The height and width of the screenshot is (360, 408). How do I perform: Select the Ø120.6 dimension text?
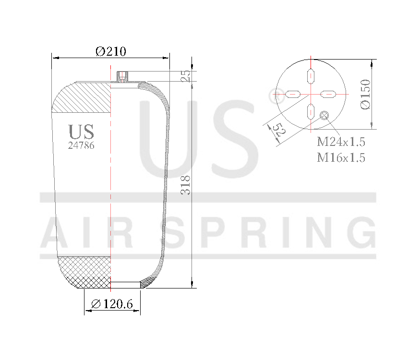(x=112, y=304)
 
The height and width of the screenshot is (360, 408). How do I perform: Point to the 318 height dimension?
(x=186, y=185)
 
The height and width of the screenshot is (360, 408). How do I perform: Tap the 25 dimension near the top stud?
(x=186, y=75)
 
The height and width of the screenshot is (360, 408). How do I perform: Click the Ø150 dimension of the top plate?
(x=365, y=94)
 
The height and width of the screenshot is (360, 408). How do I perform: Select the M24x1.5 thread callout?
(x=341, y=142)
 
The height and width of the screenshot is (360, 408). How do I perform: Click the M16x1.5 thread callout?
(x=341, y=157)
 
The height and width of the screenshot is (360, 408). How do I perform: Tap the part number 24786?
(x=81, y=145)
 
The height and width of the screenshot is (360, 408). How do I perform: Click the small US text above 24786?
(x=81, y=132)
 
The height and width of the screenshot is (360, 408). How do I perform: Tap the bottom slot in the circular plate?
(x=311, y=111)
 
